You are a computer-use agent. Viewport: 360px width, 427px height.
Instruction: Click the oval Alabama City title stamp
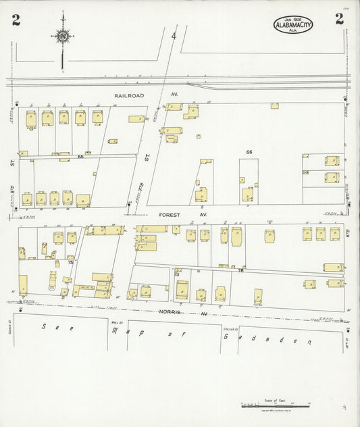pos(293,26)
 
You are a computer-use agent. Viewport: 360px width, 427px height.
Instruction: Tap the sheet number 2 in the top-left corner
pos(16,19)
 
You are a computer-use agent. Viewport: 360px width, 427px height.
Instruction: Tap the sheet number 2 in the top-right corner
pos(339,19)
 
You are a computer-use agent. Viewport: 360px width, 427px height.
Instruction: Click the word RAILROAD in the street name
pos(130,96)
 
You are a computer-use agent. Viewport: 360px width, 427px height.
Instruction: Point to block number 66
pos(249,153)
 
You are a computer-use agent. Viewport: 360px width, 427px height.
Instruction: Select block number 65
pos(80,157)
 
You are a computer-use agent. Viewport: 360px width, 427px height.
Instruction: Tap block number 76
pos(240,271)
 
